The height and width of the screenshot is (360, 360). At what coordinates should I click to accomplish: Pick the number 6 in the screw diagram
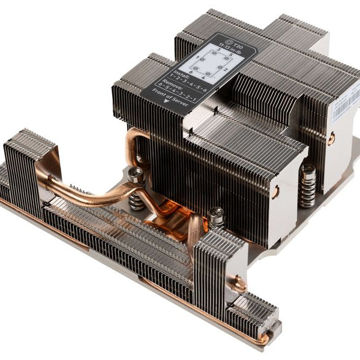191,72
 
